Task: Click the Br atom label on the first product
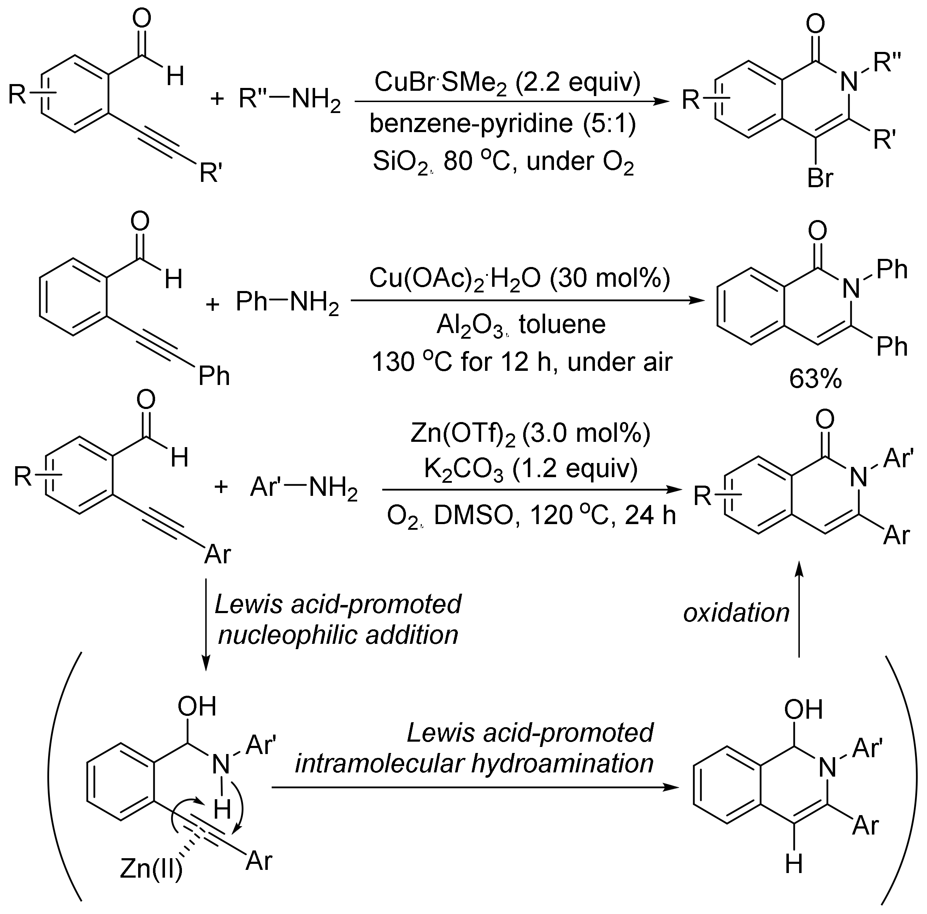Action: coord(820,178)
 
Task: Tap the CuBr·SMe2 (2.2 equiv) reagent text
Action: coord(507,83)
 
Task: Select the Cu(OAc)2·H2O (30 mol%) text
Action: coord(519,279)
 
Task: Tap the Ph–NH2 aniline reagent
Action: coord(287,303)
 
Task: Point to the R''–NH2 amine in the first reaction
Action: coord(289,100)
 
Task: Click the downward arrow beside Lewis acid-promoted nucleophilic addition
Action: coord(205,624)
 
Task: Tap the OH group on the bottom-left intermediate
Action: coord(197,706)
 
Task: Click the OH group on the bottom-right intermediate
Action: coord(803,709)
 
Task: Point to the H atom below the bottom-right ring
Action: coord(794,878)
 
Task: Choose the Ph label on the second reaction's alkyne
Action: coord(214,376)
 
